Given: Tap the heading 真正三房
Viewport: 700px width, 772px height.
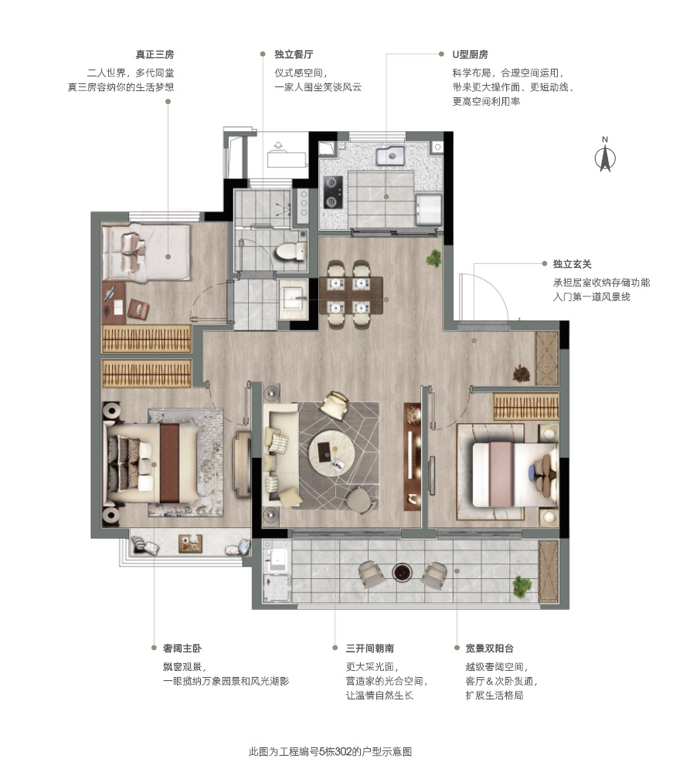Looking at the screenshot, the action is [x=155, y=55].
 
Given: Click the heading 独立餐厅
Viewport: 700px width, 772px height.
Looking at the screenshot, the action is [x=294, y=55].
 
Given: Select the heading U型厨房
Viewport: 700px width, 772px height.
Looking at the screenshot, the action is [x=470, y=55].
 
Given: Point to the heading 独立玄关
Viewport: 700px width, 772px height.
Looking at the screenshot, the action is [x=572, y=264].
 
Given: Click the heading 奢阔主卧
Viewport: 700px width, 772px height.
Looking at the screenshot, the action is [x=182, y=648].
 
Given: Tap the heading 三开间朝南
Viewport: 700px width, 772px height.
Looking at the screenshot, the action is [x=369, y=648].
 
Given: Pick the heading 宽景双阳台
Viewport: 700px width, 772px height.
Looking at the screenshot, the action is [x=489, y=648].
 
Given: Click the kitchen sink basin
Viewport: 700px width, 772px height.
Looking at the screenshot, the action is [x=391, y=157].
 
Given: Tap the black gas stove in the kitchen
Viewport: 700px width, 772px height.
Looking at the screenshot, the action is [x=332, y=192].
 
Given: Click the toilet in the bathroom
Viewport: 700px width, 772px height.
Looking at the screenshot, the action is [x=291, y=252].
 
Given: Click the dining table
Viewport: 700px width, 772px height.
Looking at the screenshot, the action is [x=352, y=296].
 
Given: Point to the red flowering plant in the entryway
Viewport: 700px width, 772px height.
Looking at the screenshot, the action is [x=522, y=373].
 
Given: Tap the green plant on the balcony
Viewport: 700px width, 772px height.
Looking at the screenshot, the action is [x=522, y=587].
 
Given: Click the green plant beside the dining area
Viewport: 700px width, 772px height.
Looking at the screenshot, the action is [x=433, y=258].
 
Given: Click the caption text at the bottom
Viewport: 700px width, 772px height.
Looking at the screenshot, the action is [x=330, y=752].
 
